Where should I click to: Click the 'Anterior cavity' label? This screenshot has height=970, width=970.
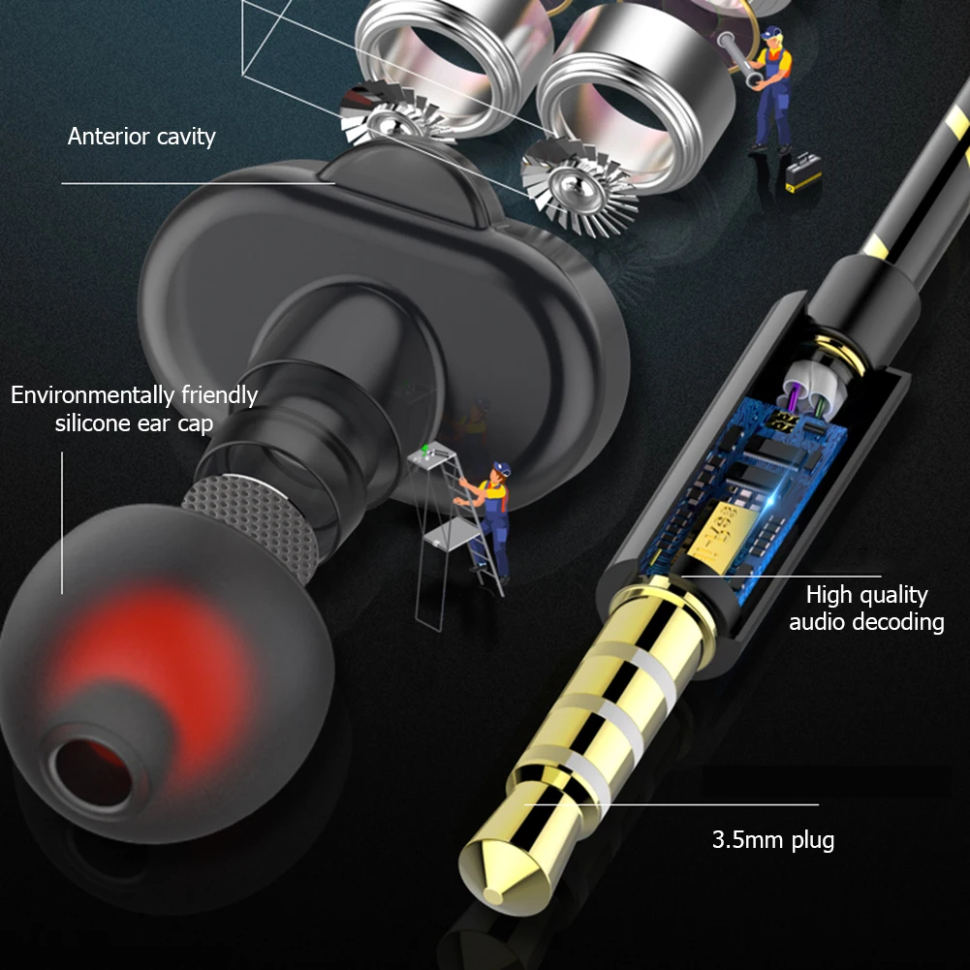pyautogui.click(x=141, y=137)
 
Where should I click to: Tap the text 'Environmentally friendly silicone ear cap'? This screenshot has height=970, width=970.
pyautogui.click(x=135, y=409)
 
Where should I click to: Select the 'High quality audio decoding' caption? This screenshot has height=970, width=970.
pyautogui.click(x=866, y=608)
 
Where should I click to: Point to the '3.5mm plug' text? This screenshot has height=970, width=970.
pyautogui.click(x=772, y=839)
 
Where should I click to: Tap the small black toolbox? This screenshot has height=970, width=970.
pyautogui.click(x=803, y=176)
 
